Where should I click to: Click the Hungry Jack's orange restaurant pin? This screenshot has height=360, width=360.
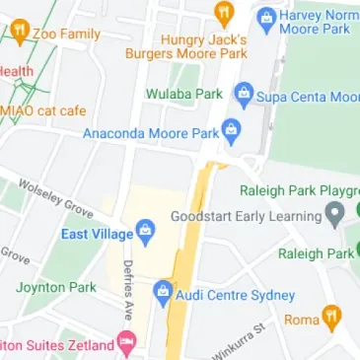click(224, 15)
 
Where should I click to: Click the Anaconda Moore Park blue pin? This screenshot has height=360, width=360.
click(231, 130)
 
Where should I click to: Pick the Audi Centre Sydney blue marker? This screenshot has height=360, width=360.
click(163, 293)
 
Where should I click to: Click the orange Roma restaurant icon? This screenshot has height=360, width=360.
click(331, 319)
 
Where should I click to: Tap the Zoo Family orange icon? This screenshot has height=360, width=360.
click(19, 34)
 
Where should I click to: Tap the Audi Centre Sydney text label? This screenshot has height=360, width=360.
click(236, 295)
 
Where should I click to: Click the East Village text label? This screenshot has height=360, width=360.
click(96, 234)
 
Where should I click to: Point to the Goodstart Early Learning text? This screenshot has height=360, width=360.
click(247, 216)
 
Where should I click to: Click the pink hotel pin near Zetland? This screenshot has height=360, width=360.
click(125, 344)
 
